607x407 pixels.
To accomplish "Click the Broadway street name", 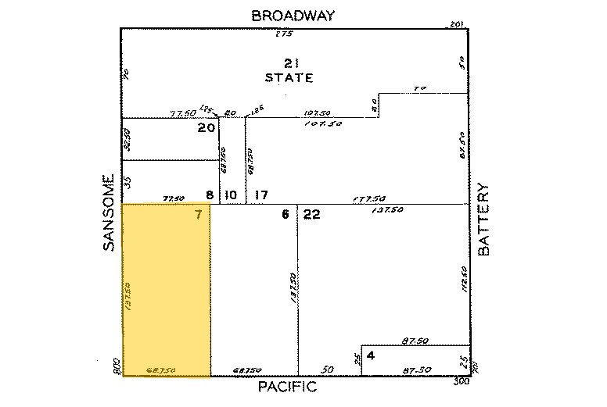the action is coord(293,15).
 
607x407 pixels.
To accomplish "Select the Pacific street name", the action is coord(287,387).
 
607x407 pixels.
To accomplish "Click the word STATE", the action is coord(289,78).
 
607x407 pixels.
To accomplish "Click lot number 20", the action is coord(206,129).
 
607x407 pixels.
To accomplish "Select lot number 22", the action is coord(311,216).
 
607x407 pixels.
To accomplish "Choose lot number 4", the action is coord(371,356).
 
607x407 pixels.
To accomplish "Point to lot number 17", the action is coord(262,195).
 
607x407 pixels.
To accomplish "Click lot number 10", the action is coord(231,195).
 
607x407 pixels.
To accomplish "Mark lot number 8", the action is coord(209,195).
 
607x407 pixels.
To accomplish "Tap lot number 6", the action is coord(286,216).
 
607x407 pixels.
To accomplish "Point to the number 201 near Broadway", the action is coord(458,25).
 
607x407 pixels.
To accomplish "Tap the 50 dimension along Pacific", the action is coord(329,370).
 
